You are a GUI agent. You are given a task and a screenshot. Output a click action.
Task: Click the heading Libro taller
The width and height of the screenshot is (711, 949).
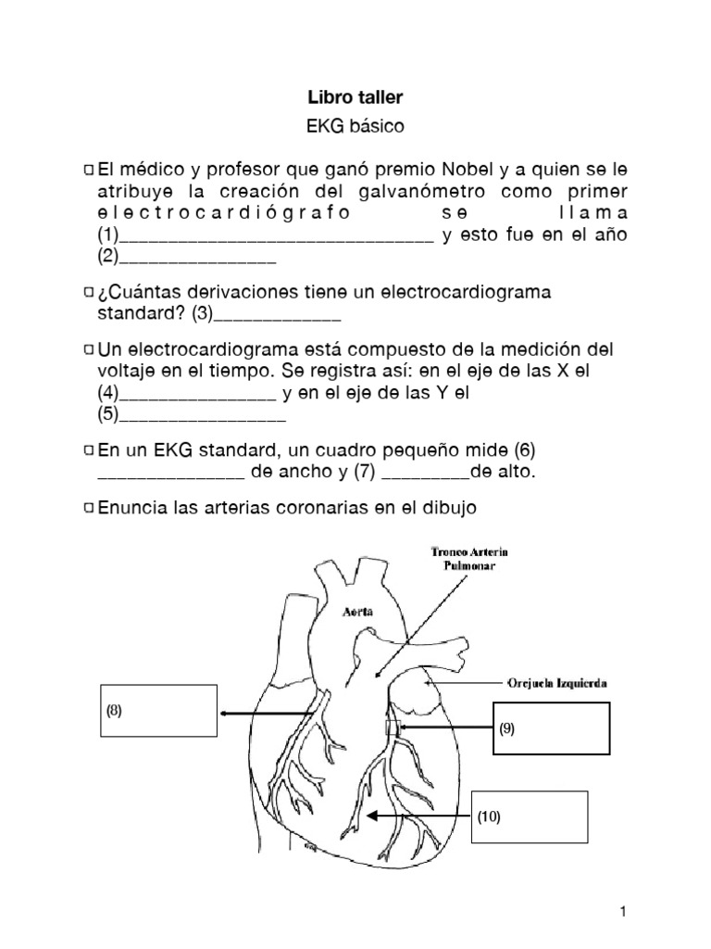355,96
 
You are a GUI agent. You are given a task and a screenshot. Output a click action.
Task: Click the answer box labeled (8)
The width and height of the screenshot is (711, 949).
158,711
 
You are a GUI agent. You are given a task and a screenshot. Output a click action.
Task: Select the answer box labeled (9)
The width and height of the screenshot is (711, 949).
552,728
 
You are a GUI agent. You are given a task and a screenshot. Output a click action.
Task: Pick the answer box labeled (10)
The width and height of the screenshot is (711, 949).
530,817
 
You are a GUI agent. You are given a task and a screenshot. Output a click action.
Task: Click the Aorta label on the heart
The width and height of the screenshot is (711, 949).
357,613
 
